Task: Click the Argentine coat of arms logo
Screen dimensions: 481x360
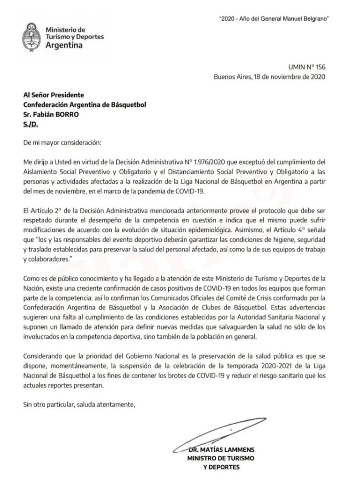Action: click(x=32, y=37)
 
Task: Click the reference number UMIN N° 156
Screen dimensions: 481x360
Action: click(x=307, y=68)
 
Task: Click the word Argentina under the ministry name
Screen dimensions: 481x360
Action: click(x=64, y=45)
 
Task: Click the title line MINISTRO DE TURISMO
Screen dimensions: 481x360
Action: click(x=214, y=458)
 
